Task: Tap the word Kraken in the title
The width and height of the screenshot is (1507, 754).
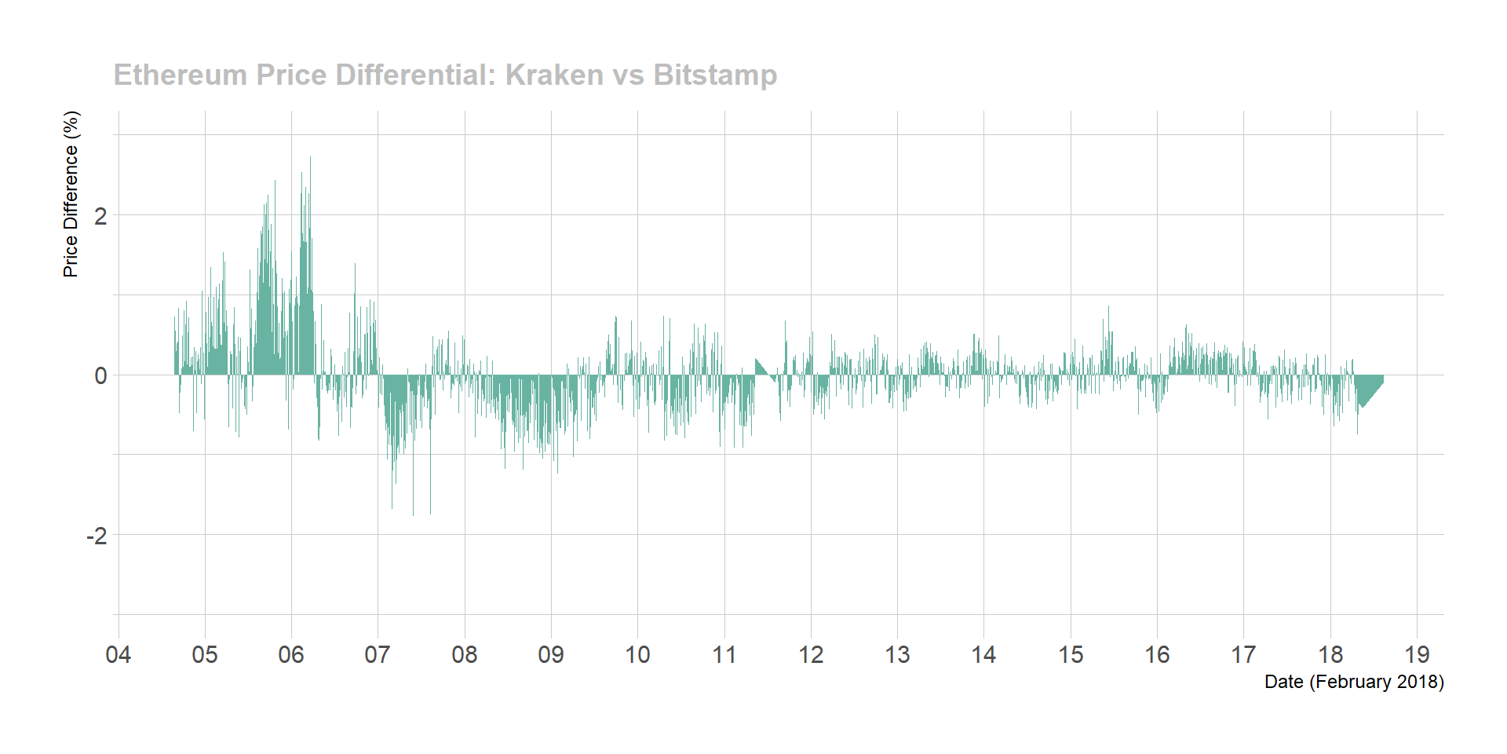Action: click(554, 75)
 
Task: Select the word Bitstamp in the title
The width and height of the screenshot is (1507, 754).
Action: click(715, 75)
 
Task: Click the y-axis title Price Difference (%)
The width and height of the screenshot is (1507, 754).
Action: click(71, 194)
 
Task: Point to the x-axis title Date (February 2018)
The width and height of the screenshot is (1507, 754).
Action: click(1354, 682)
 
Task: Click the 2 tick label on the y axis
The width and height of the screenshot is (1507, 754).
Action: click(100, 216)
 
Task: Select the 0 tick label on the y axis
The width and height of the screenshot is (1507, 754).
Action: click(100, 376)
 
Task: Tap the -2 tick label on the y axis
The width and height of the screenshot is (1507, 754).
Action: click(97, 536)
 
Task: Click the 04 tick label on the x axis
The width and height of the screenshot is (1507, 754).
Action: click(119, 654)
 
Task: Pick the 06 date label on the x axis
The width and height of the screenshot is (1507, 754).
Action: click(291, 654)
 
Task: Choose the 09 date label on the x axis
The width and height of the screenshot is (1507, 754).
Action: click(551, 654)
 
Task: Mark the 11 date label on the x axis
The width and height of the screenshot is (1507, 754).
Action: click(724, 654)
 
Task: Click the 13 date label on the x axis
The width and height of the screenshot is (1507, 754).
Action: click(897, 654)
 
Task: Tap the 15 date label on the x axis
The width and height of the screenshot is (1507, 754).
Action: click(1071, 654)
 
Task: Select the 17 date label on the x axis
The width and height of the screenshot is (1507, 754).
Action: click(1243, 654)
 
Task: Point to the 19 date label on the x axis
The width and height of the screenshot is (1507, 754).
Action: click(1417, 654)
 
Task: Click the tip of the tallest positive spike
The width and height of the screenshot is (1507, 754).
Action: click(310, 158)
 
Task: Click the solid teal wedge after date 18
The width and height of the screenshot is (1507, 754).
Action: click(1368, 389)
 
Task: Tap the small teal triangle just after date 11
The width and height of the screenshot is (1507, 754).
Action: click(761, 368)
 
